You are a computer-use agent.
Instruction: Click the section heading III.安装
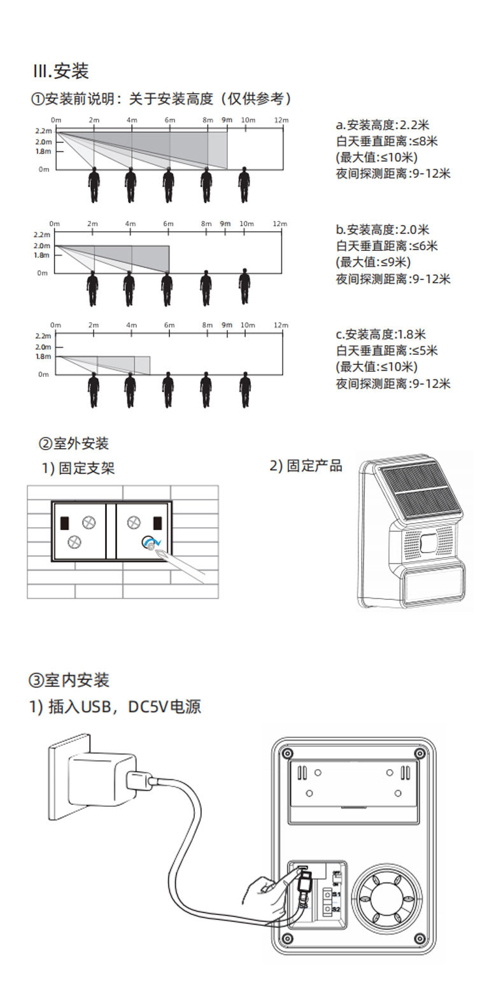[x=60, y=71]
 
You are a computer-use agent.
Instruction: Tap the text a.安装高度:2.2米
[x=383, y=125]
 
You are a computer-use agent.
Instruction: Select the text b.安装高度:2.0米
[x=383, y=230]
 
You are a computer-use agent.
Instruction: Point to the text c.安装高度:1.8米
[x=381, y=334]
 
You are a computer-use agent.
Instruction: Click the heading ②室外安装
[x=74, y=444]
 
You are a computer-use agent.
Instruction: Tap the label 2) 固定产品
[x=306, y=466]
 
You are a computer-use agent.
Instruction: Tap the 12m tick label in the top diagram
[x=281, y=120]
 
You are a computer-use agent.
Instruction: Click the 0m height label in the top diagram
[x=43, y=169]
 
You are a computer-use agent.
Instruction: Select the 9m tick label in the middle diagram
[x=225, y=224]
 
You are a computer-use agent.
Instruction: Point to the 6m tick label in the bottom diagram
[x=169, y=325]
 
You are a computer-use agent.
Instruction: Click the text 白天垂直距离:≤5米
[x=386, y=351]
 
